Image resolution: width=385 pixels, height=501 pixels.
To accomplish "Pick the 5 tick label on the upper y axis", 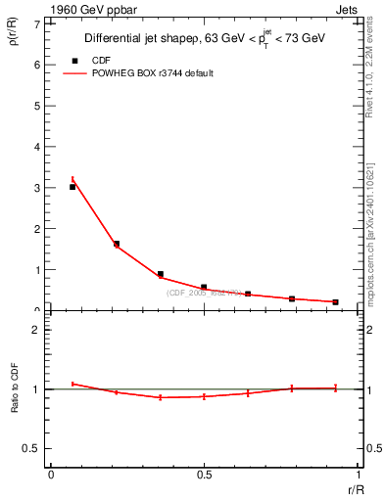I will click(x=38, y=106).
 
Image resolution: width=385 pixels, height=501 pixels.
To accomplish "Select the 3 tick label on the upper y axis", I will click(x=38, y=188).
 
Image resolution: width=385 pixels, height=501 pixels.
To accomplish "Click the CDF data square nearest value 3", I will click(x=72, y=187).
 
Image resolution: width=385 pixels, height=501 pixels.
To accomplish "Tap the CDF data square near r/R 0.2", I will click(x=117, y=244).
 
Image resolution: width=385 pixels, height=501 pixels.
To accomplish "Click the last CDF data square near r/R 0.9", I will click(x=335, y=301).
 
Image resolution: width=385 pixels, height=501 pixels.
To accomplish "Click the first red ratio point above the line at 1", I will click(x=72, y=384).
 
